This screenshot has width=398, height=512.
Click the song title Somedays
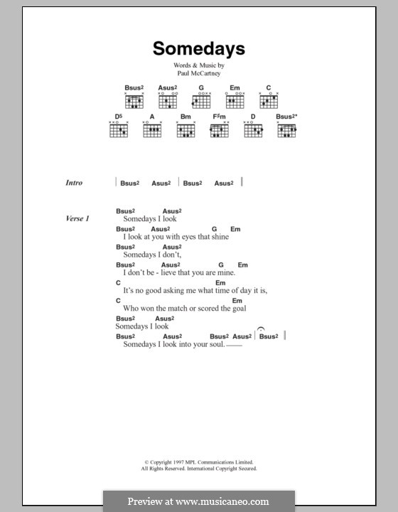[x=198, y=48]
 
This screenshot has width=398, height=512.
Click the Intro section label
[x=74, y=183]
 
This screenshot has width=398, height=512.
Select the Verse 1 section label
[x=77, y=219]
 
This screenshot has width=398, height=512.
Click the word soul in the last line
[x=215, y=344]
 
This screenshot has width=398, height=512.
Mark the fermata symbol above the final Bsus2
[x=262, y=328]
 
